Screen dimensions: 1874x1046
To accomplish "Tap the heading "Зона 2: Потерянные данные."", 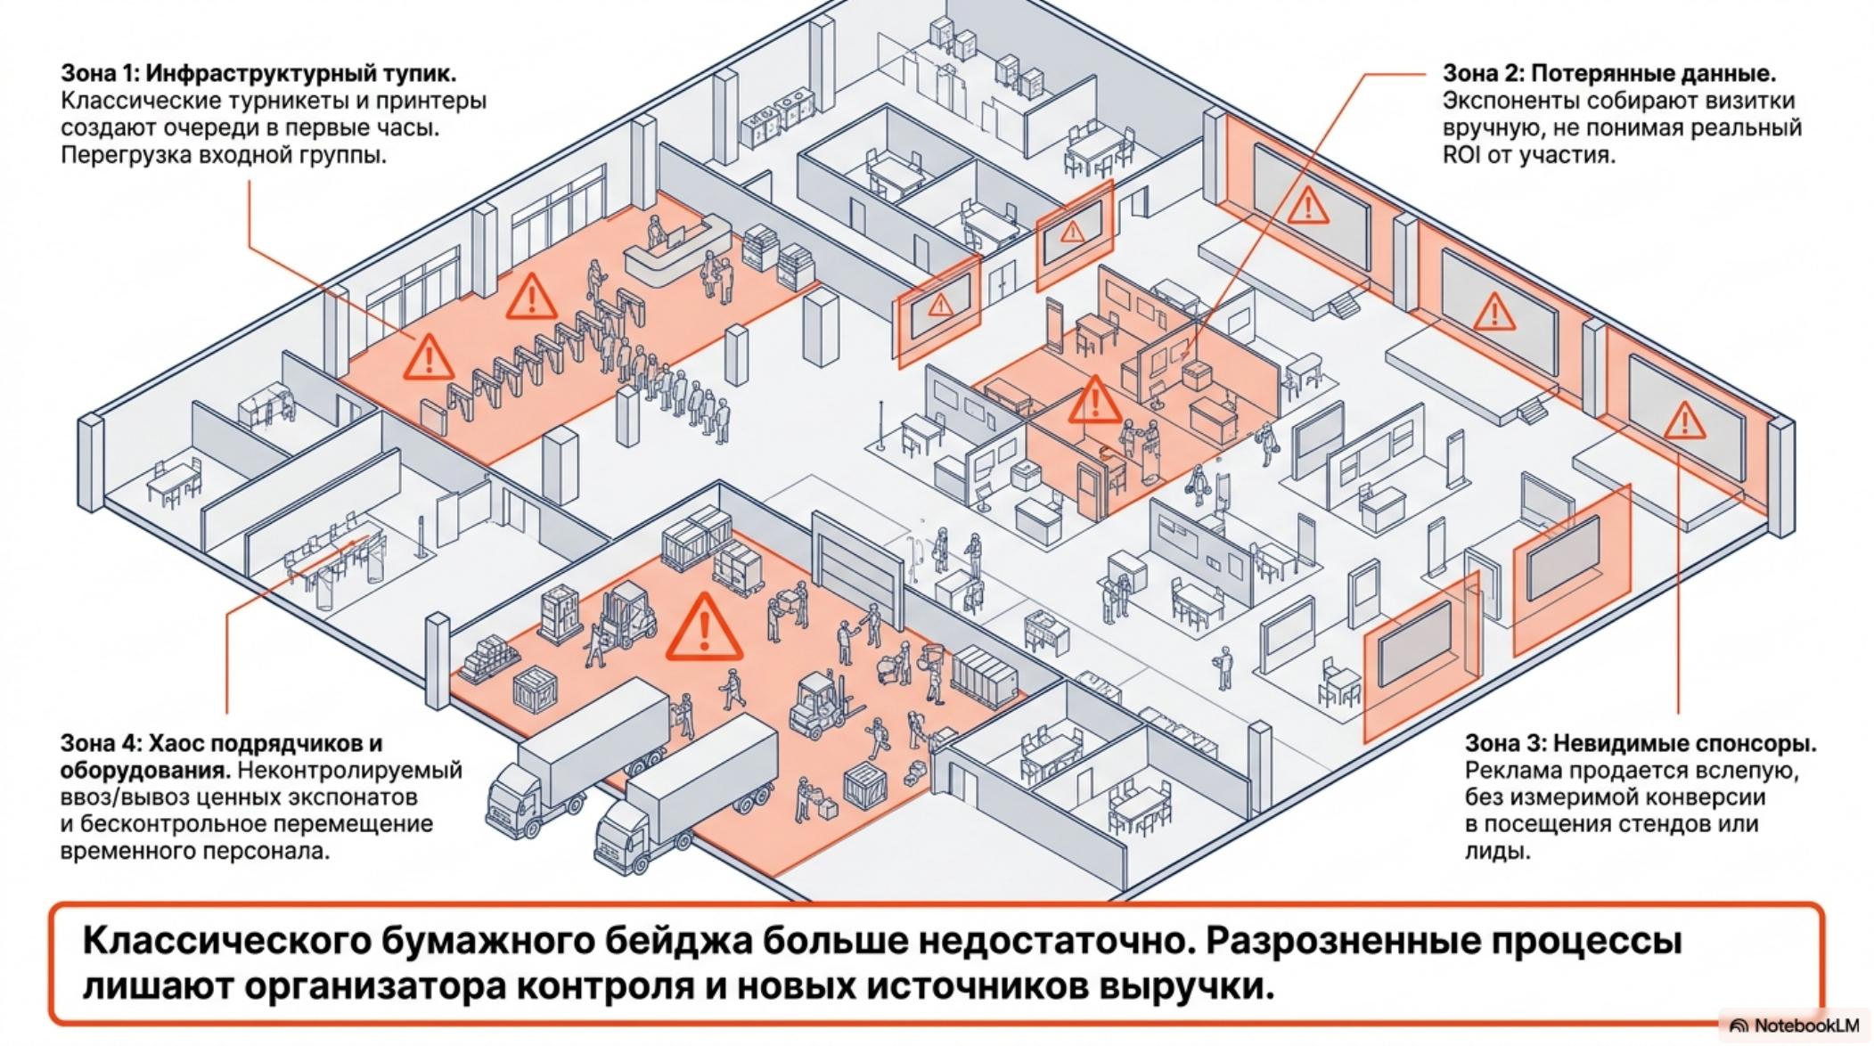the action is tap(1609, 73).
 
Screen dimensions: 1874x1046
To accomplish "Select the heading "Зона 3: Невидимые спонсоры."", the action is tap(1641, 743).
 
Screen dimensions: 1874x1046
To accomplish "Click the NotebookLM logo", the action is tap(1795, 1026).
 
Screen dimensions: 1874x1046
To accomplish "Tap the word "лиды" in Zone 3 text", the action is tap(1497, 851).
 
